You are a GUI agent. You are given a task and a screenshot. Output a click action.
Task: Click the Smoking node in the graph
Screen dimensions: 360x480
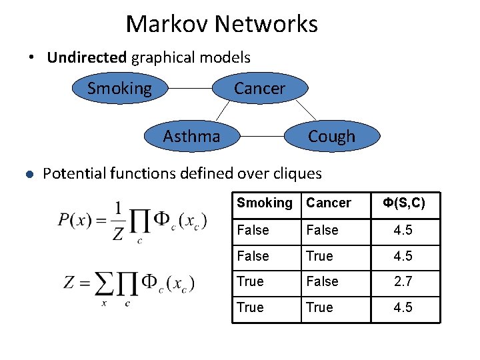click(x=120, y=89)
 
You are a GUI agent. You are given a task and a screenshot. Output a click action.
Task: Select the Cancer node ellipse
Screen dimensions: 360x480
click(x=259, y=89)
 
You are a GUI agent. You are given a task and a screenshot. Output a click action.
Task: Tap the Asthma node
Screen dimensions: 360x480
click(x=191, y=137)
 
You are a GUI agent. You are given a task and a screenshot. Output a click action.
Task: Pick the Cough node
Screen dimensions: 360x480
click(x=331, y=137)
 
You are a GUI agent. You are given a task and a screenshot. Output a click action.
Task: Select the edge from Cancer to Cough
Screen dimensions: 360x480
click(x=305, y=110)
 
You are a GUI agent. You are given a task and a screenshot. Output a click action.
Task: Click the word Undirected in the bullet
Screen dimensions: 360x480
click(x=87, y=57)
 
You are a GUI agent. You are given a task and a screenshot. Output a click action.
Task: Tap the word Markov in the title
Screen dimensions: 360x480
click(x=167, y=25)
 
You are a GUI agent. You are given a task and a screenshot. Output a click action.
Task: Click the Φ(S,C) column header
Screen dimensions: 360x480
click(x=403, y=203)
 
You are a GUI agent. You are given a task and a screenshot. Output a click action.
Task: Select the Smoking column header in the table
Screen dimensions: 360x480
click(x=265, y=203)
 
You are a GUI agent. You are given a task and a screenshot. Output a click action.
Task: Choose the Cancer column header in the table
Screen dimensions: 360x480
click(x=329, y=203)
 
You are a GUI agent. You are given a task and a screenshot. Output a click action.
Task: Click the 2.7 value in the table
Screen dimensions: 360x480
click(x=403, y=282)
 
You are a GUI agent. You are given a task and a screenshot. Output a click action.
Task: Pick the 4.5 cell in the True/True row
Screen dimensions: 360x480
click(x=403, y=307)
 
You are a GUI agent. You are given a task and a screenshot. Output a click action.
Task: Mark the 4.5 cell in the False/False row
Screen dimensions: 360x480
click(x=403, y=230)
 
